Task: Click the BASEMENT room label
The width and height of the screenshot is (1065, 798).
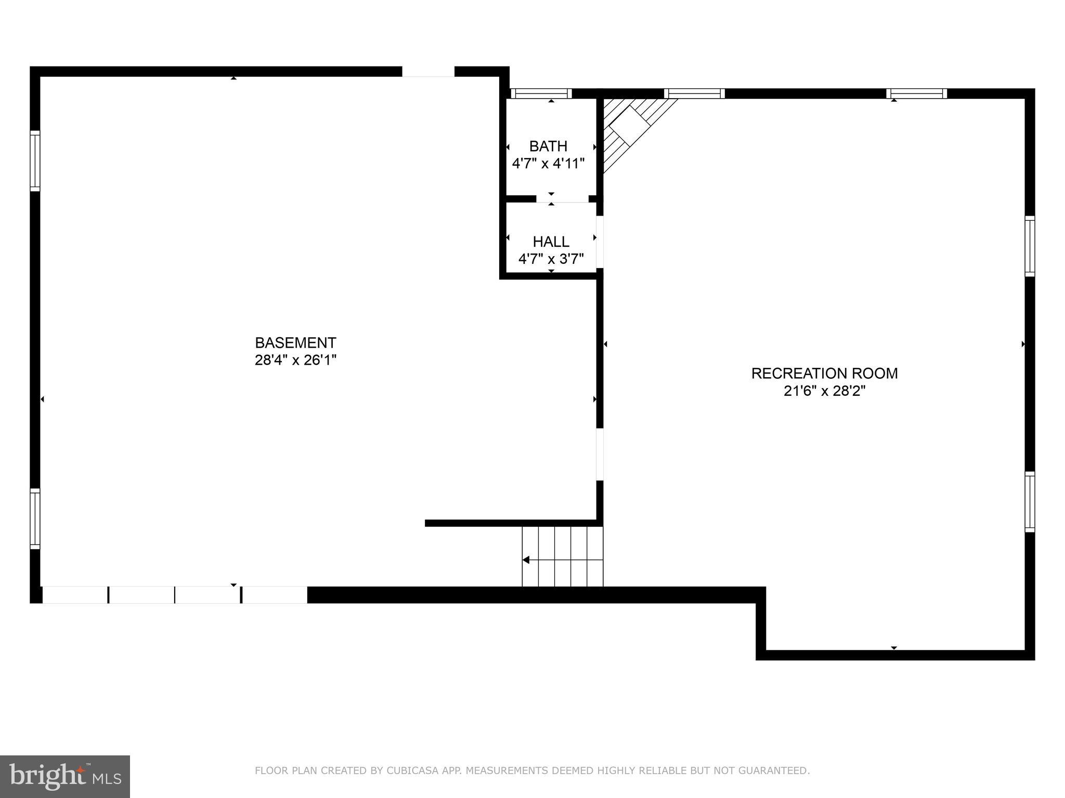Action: [295, 343]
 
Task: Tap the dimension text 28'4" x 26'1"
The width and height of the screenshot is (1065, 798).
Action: [295, 360]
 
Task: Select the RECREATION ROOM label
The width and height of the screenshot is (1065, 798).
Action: [824, 374]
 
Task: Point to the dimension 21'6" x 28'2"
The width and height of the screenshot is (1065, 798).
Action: [824, 391]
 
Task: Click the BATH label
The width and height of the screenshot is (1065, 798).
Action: [548, 146]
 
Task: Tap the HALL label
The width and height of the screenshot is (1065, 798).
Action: [551, 242]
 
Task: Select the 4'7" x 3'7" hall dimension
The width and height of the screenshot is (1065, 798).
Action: [551, 259]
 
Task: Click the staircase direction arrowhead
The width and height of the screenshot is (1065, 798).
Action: [526, 560]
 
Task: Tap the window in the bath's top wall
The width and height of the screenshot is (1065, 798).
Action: [541, 94]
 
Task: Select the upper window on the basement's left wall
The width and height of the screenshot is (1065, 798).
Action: [35, 161]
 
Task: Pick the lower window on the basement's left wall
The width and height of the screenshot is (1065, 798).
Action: [35, 518]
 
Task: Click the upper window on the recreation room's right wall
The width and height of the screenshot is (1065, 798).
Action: [1030, 246]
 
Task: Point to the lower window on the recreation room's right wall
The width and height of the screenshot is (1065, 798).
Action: [1030, 501]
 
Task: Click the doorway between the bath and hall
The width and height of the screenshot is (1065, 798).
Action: [562, 199]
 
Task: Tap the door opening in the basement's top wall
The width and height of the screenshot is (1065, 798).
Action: [428, 72]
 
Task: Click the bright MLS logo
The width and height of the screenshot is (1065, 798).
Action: [65, 777]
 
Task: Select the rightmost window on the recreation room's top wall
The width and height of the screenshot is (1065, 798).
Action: [916, 94]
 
